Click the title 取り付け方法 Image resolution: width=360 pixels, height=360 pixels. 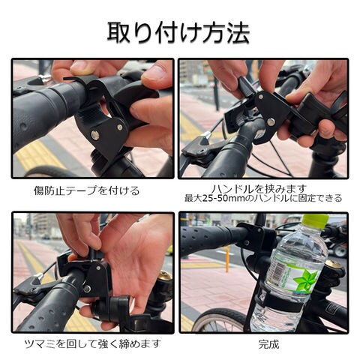click(178, 33)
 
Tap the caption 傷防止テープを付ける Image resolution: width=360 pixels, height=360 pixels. click(87, 191)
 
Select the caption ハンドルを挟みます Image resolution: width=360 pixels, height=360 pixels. click(259, 189)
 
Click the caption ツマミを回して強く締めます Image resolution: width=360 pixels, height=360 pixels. click(92, 344)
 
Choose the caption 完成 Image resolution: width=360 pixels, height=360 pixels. click(268, 344)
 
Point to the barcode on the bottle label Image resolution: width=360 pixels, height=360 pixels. click(277, 271)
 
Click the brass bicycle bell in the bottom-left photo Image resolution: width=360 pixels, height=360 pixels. click(164, 275)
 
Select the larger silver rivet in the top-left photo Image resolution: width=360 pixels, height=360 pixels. click(95, 136)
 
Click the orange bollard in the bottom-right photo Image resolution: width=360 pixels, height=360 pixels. click(227, 259)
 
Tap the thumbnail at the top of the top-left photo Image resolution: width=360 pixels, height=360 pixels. click(81, 66)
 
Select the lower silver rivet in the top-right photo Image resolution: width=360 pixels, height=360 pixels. click(271, 122)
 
